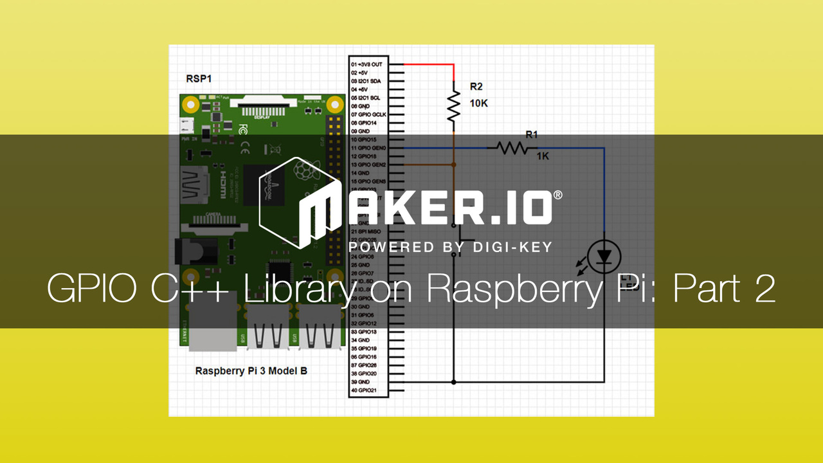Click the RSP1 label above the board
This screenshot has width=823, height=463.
[x=199, y=78]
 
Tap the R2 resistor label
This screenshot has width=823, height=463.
[x=476, y=86]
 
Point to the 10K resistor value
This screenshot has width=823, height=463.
[x=478, y=103]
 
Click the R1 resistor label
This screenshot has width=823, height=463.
[x=531, y=134]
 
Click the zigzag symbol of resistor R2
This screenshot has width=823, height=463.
[x=454, y=106]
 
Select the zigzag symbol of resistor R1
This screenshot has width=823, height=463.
[x=511, y=149]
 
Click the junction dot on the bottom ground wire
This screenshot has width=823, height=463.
[x=454, y=382]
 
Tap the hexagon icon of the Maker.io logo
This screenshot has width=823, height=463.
[x=288, y=202]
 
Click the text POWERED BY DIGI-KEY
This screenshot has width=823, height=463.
[x=450, y=247]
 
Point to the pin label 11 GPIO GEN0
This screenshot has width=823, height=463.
[x=368, y=148]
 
